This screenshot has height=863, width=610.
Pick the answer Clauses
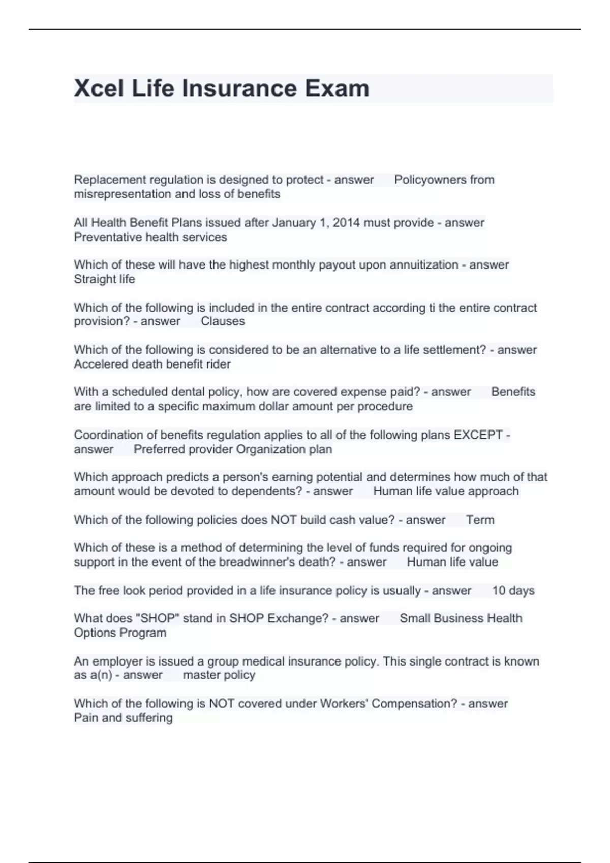click(x=223, y=321)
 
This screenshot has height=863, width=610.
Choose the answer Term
click(x=480, y=520)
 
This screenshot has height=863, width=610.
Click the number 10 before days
click(x=499, y=590)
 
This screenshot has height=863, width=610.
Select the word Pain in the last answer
click(x=86, y=718)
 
